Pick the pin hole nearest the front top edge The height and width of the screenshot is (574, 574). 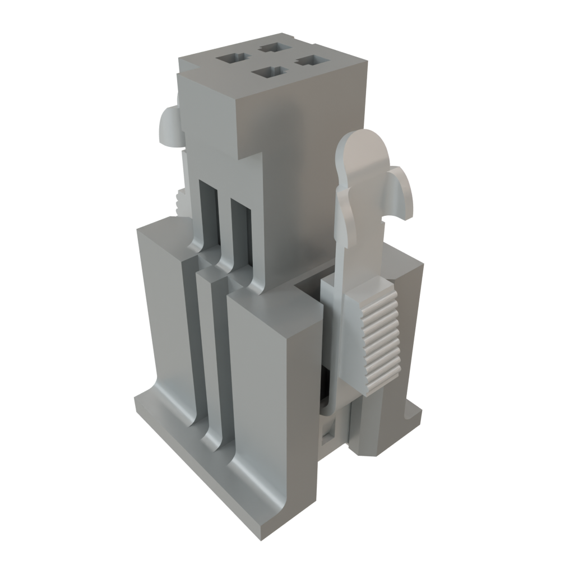(269, 72)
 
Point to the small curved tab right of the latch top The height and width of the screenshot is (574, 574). (401, 193)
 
